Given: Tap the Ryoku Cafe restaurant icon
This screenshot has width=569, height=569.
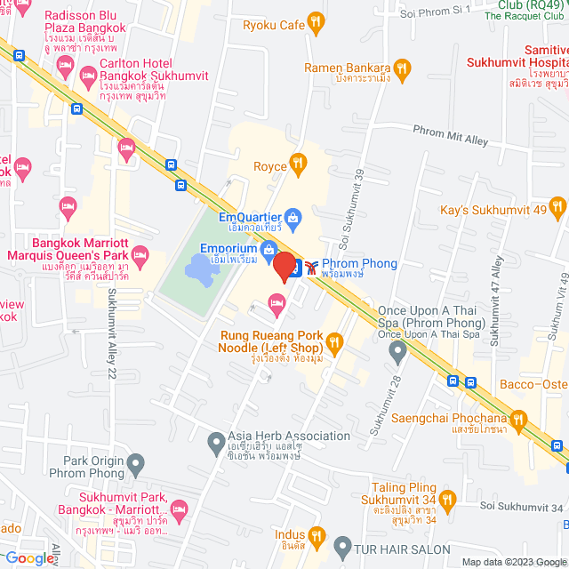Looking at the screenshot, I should tap(314, 24).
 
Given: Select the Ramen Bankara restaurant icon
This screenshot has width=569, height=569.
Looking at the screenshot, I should tap(403, 68).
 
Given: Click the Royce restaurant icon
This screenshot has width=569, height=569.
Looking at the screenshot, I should tap(298, 164).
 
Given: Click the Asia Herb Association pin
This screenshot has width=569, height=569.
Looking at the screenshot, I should tap(216, 441).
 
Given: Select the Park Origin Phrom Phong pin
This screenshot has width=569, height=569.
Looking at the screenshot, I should tap(135, 462).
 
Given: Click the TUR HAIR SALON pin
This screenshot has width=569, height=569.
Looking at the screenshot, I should tap(342, 544).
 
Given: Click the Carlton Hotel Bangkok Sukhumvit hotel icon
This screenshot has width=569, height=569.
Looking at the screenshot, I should tap(89, 76).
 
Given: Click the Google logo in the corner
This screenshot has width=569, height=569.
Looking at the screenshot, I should tap(28, 557).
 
